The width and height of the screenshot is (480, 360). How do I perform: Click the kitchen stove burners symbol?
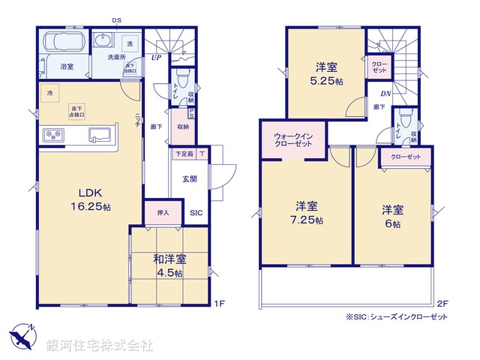tap(55, 136)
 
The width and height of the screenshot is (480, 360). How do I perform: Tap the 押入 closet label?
tap(163, 212)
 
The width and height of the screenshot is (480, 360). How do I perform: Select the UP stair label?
tap(156, 58)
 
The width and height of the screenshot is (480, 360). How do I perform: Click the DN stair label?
tap(385, 94)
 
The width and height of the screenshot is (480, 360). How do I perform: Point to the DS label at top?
tap(116, 20)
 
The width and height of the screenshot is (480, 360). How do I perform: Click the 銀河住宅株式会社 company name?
tap(99, 346)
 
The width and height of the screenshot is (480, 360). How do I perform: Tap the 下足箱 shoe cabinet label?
tap(184, 154)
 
